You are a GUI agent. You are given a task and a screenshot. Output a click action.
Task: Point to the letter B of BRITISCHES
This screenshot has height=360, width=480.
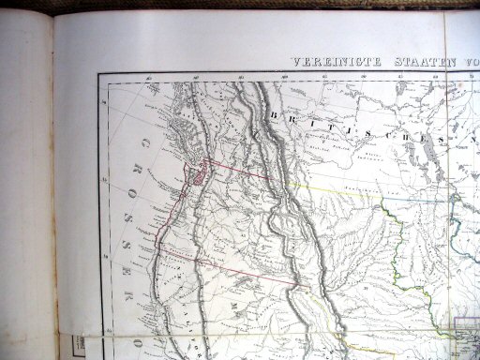(271, 111)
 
